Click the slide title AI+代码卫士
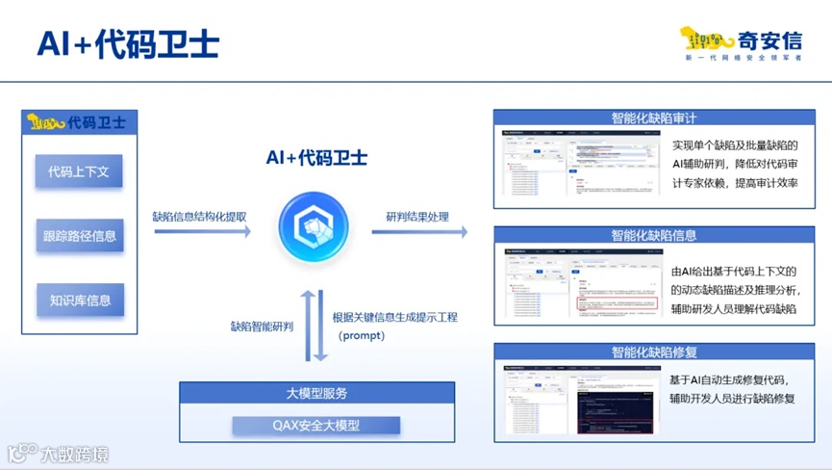pyautogui.click(x=128, y=43)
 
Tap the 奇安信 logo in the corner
pyautogui.click(x=741, y=43)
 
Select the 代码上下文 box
pyautogui.click(x=79, y=172)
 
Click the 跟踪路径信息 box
pyautogui.click(x=79, y=236)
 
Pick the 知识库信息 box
pyautogui.click(x=79, y=300)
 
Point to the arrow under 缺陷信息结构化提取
pyautogui.click(x=201, y=231)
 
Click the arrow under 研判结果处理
pyautogui.click(x=419, y=231)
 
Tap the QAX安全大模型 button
pyautogui.click(x=315, y=425)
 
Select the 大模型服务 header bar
pyautogui.click(x=316, y=394)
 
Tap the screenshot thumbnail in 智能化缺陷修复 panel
pyautogui.click(x=581, y=400)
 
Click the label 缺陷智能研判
pyautogui.click(x=262, y=326)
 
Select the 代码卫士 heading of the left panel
pyautogui.click(x=79, y=122)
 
